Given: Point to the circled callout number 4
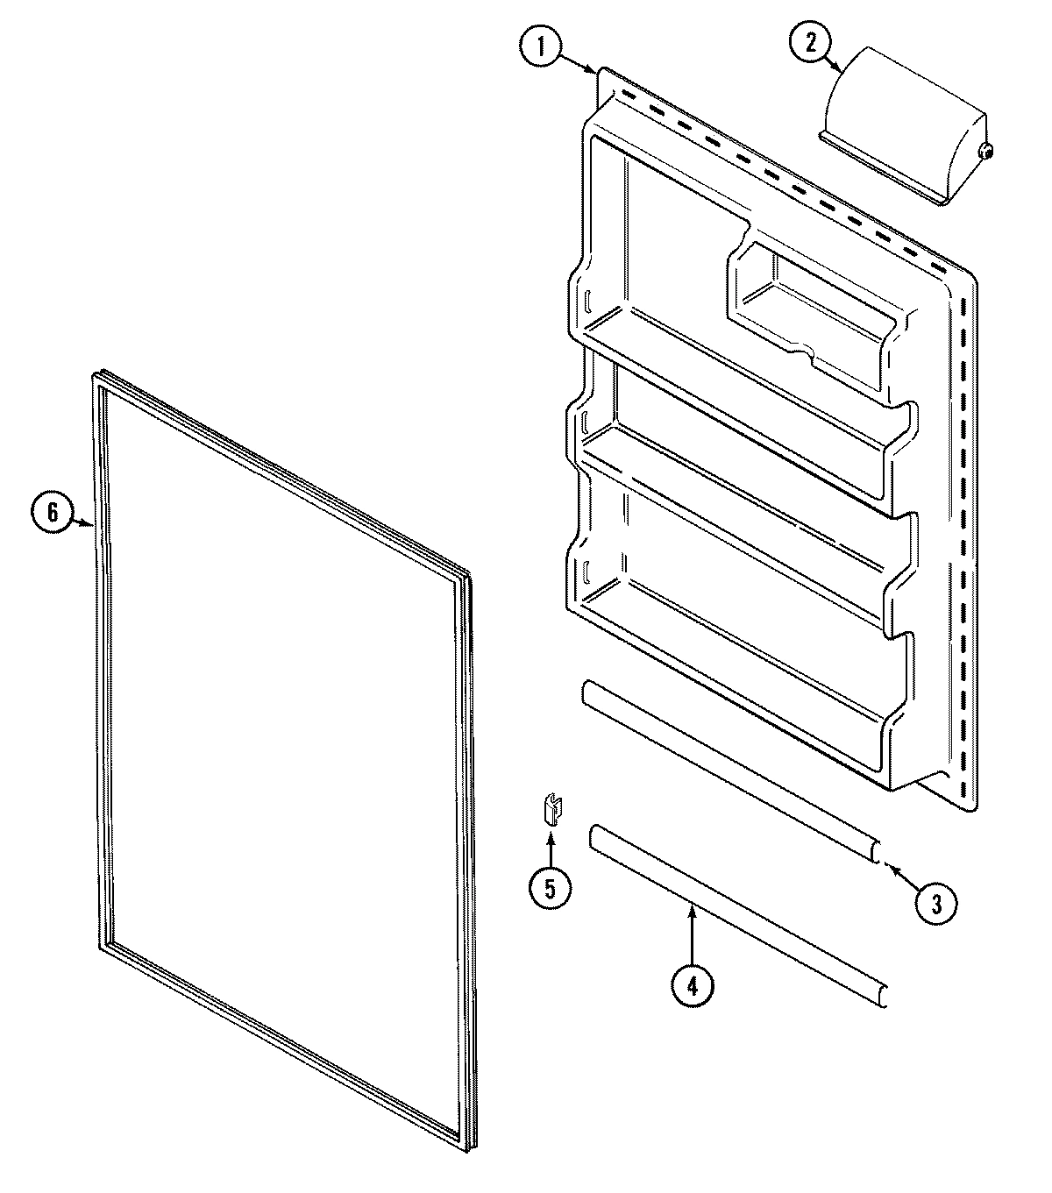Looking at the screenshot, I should pyautogui.click(x=693, y=985).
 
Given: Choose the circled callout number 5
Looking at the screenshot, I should pyautogui.click(x=550, y=887).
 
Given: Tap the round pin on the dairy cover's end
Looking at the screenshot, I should pyautogui.click(x=986, y=152).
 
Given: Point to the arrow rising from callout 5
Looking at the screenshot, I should pyautogui.click(x=551, y=846).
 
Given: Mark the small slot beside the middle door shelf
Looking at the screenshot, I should pyautogui.click(x=582, y=422).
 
